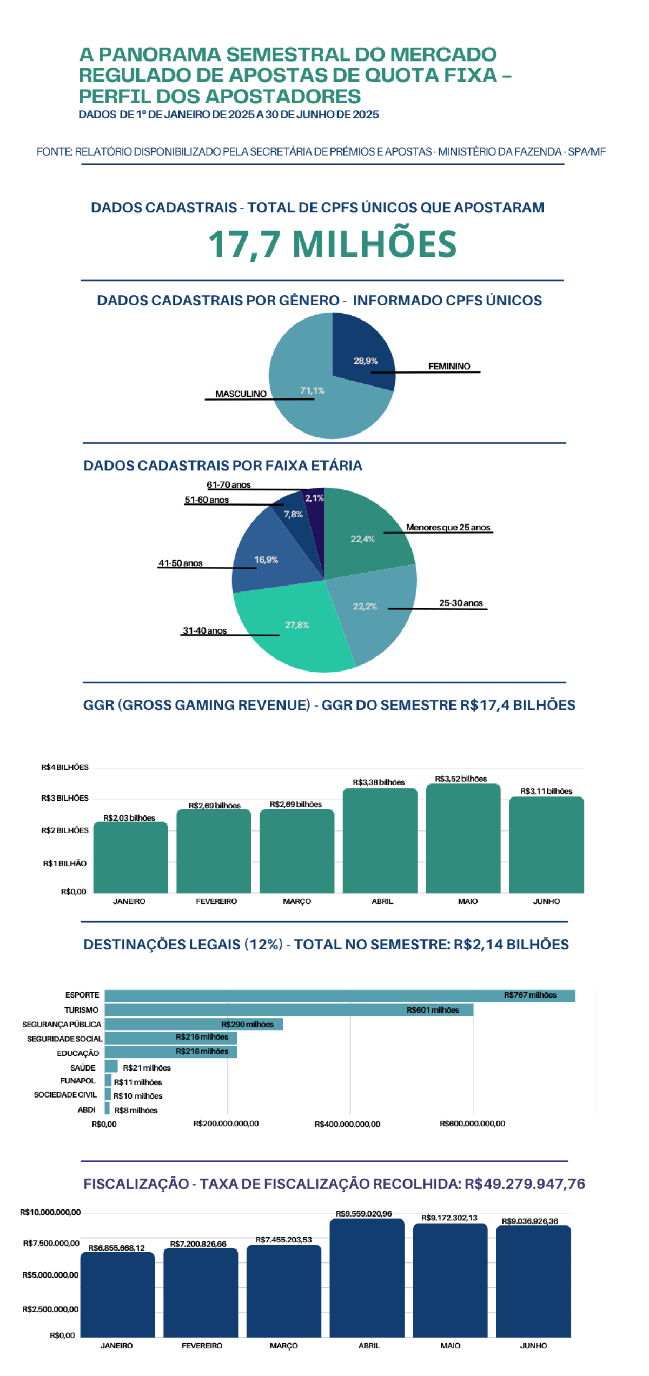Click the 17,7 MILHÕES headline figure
332,244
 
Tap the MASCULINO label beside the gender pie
241,394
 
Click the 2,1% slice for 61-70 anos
315,497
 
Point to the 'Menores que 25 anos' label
448,527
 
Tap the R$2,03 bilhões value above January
129,817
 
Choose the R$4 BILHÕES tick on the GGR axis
65,767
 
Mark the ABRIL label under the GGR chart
382,901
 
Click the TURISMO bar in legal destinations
289,1010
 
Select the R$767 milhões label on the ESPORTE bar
530,995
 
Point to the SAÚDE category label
83,1068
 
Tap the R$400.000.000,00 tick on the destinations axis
347,1124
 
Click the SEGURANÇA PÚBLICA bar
194,1024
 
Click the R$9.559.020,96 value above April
364,1214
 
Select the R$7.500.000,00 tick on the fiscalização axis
51,1244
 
